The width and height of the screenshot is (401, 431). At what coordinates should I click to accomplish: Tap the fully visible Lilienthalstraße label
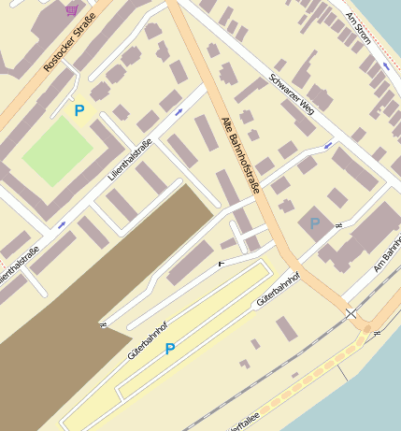(130, 159)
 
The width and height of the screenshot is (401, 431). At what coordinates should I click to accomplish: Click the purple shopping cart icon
(72, 10)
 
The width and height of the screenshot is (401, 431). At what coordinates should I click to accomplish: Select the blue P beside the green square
(79, 111)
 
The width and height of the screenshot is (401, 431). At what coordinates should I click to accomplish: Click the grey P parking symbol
(315, 223)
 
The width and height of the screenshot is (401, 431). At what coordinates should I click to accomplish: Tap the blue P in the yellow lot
(169, 349)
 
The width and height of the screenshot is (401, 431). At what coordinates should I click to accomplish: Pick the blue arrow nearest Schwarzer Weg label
(327, 146)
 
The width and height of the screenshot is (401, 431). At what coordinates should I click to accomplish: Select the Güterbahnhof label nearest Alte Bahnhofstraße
(279, 291)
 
